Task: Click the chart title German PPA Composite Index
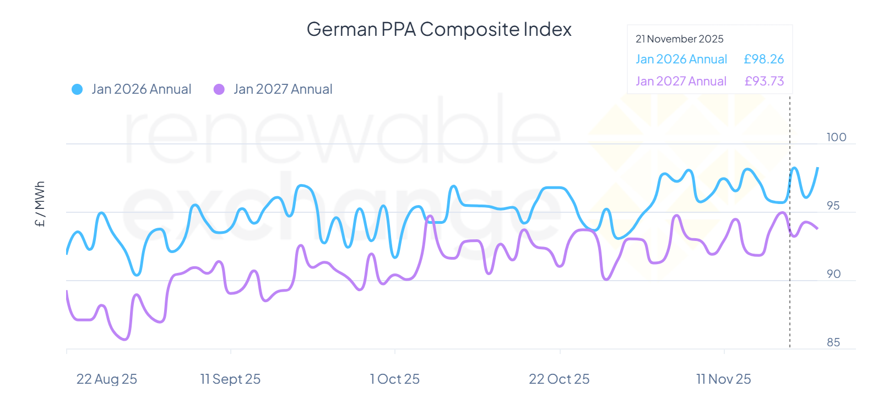[438, 29]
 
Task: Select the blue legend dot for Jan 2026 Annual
[77, 89]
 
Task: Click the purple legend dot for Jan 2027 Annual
[219, 89]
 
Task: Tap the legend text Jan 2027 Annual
[283, 89]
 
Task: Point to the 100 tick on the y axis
[836, 137]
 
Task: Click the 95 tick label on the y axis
[833, 206]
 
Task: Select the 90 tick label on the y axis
[833, 274]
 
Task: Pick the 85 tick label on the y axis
[833, 342]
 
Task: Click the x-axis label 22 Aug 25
[106, 379]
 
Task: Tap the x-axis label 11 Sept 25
[230, 379]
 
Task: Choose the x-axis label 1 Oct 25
[394, 379]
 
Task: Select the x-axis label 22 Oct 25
[559, 379]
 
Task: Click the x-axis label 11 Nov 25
[723, 379]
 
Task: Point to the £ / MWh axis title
[40, 204]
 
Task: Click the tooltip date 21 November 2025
[679, 39]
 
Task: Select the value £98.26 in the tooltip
[763, 59]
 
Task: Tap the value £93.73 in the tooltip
[764, 81]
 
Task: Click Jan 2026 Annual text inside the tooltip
[681, 59]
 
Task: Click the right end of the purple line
[817, 228]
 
